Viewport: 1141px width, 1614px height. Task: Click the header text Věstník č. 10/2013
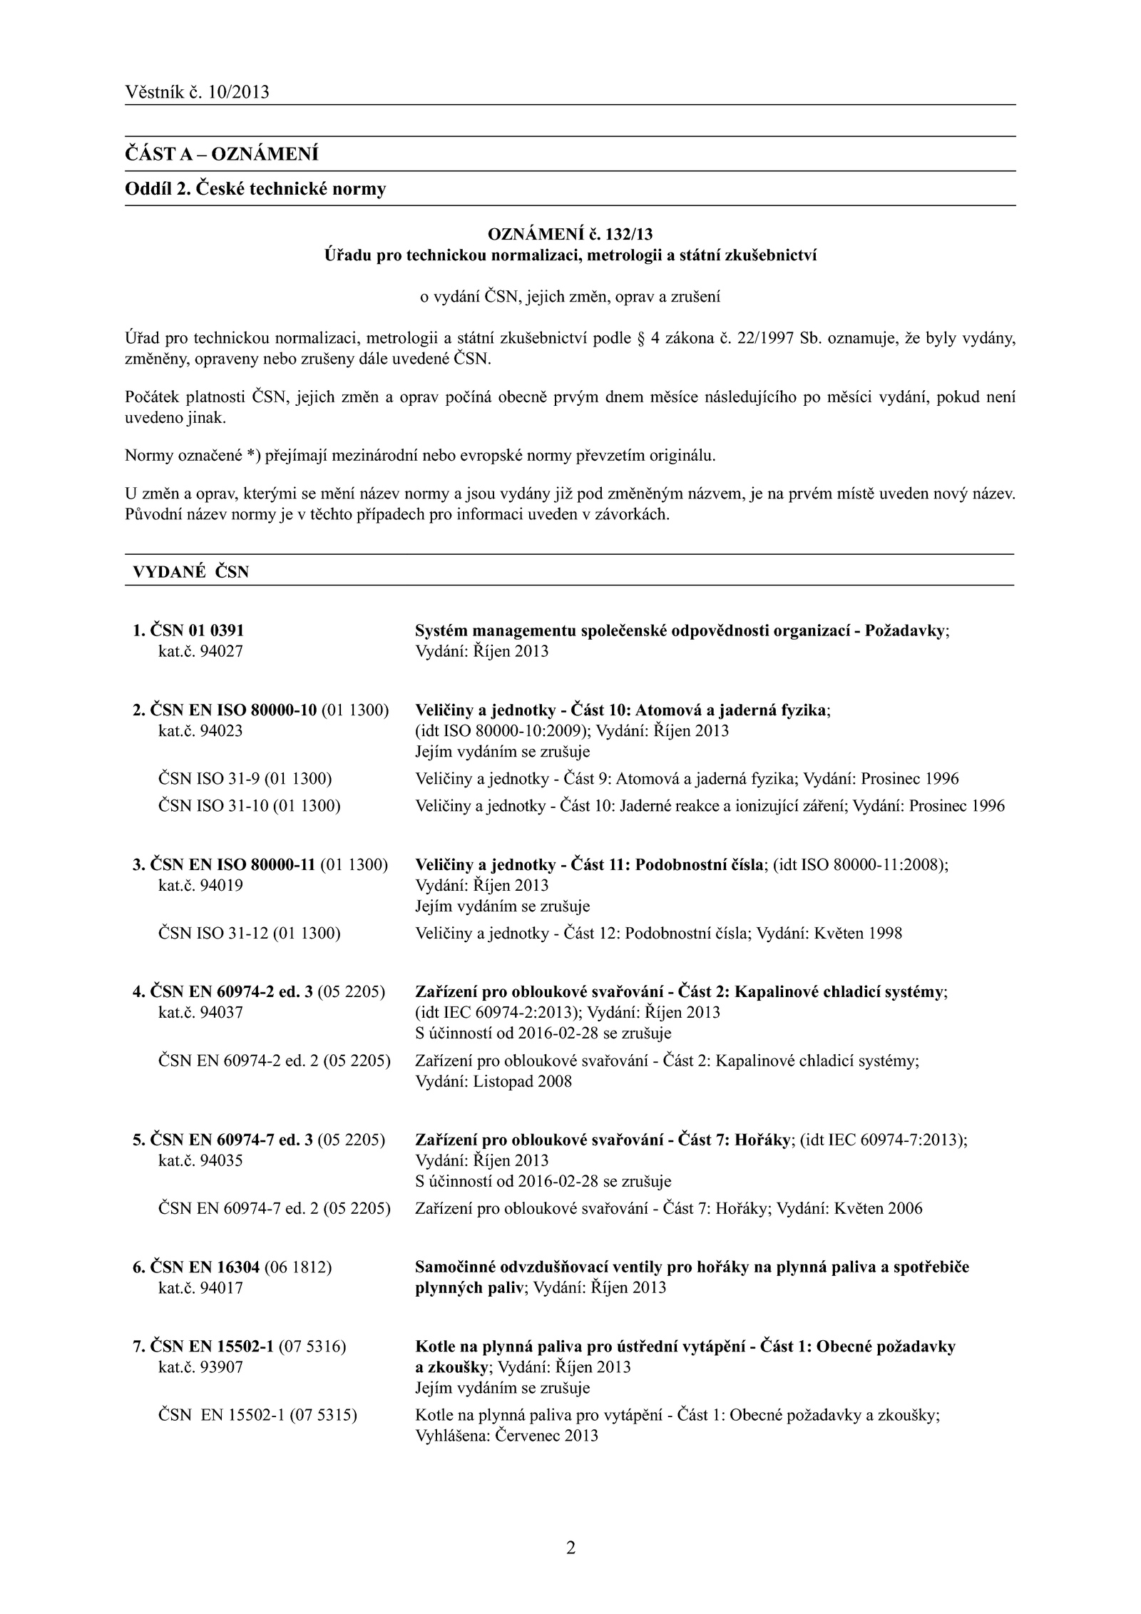(x=197, y=92)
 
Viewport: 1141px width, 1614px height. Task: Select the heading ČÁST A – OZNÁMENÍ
(x=221, y=154)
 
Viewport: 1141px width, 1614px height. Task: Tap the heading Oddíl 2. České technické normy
(x=255, y=189)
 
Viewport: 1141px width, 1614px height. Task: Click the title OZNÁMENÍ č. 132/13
(x=570, y=234)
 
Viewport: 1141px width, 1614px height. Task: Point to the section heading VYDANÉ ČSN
(x=191, y=571)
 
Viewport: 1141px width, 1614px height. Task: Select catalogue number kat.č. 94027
(x=200, y=651)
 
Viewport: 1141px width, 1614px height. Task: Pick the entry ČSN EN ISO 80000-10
(x=234, y=710)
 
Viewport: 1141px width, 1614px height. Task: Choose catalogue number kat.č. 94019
(x=200, y=885)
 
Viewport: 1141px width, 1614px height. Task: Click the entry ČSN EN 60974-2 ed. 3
(x=232, y=992)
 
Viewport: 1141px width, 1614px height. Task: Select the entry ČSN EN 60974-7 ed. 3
(x=232, y=1140)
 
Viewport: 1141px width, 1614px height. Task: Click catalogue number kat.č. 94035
(x=200, y=1160)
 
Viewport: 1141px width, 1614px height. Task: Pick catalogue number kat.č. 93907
(x=200, y=1367)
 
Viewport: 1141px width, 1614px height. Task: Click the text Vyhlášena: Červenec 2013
(x=506, y=1436)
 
